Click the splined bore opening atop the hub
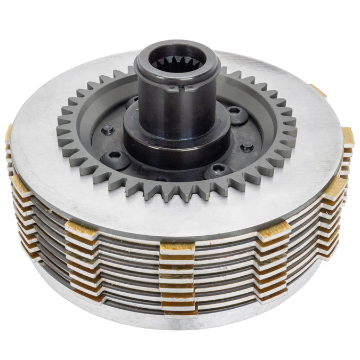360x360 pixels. (x=175, y=59)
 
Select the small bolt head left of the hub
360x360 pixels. (x=108, y=129)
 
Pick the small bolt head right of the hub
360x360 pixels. (x=247, y=146)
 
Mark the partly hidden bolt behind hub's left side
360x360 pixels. (x=132, y=101)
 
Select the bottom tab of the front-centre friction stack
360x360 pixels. (x=179, y=308)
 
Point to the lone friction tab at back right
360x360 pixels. (x=318, y=91)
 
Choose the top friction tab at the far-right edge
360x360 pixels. (x=348, y=136)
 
